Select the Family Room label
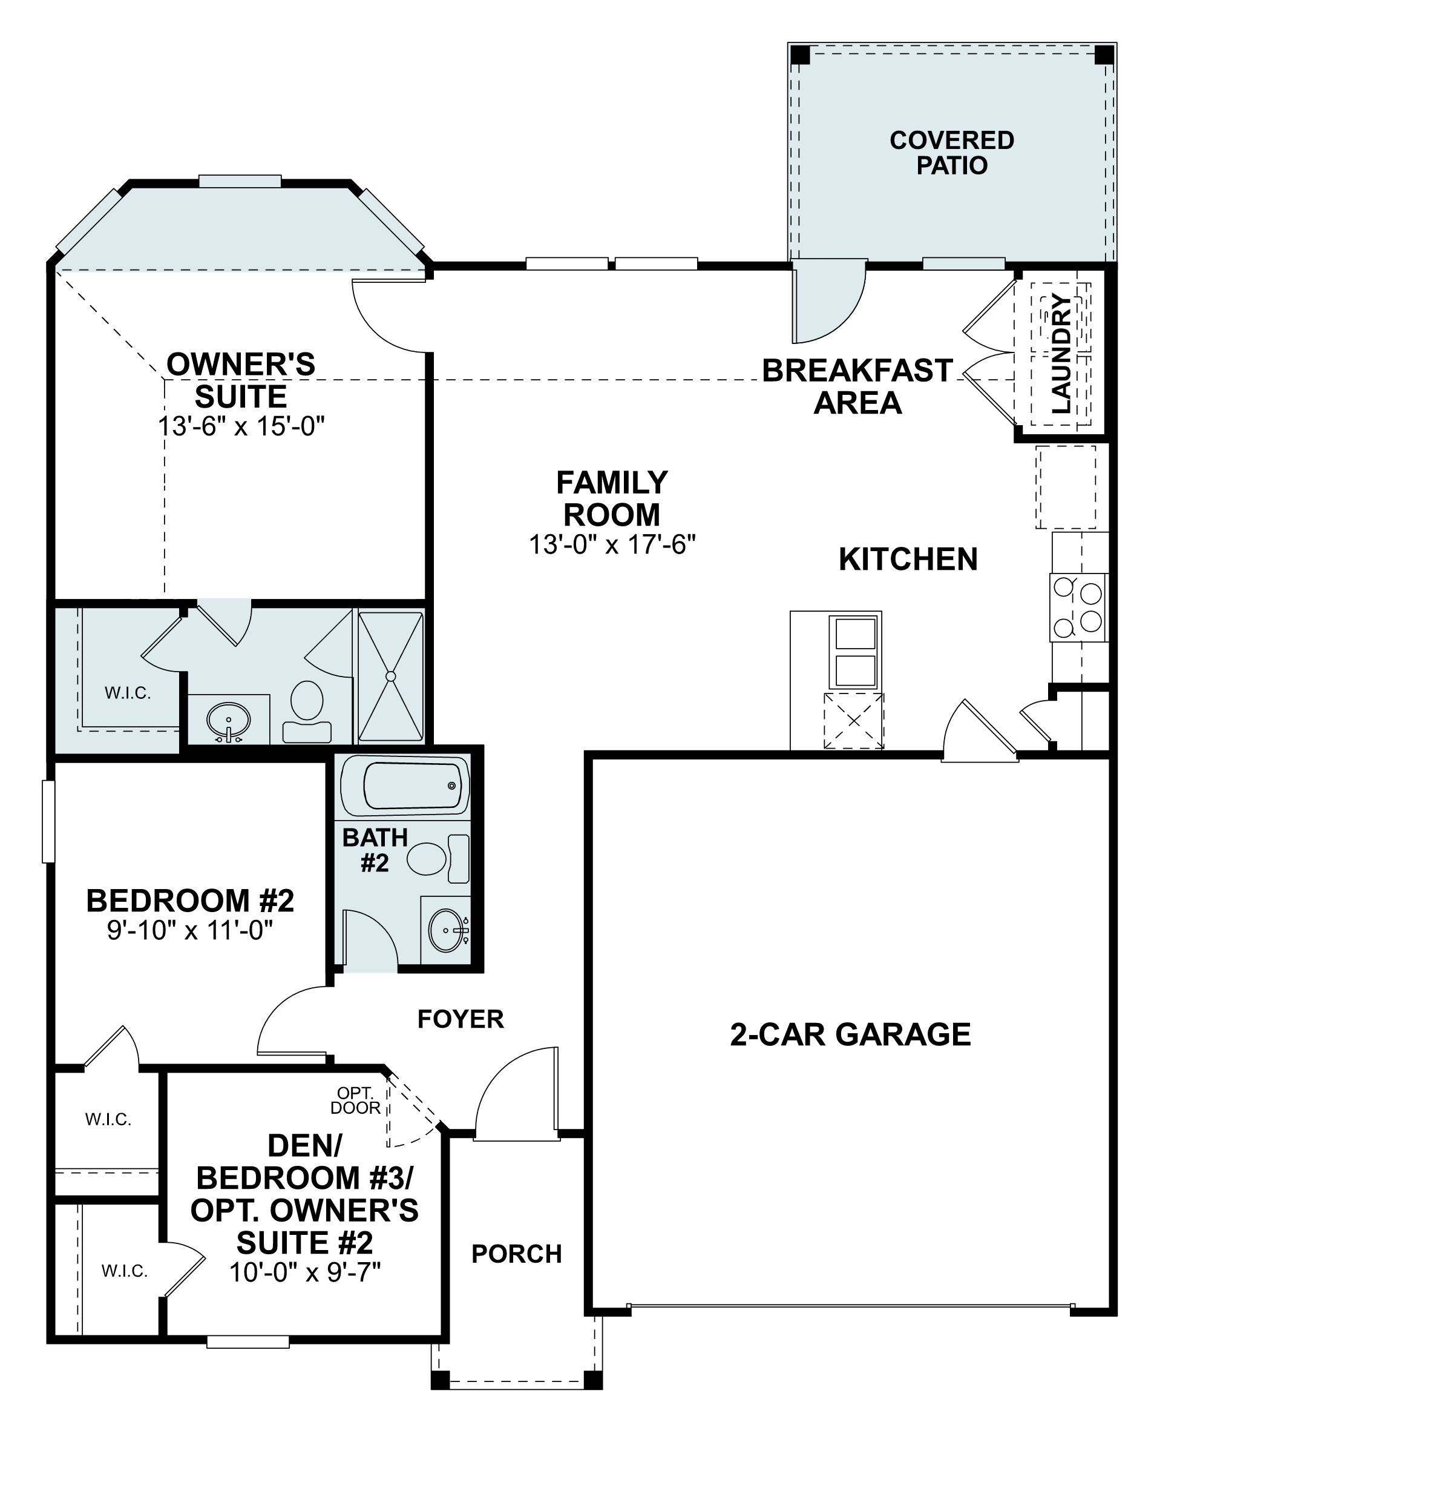point(612,498)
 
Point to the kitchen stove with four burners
point(1078,607)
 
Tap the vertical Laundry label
point(1061,353)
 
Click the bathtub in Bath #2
point(405,786)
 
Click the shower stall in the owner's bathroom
point(390,676)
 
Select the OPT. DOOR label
point(355,1100)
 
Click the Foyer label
point(460,1019)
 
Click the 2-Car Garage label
point(850,1035)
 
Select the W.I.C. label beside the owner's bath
point(128,693)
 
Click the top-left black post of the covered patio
point(799,55)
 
